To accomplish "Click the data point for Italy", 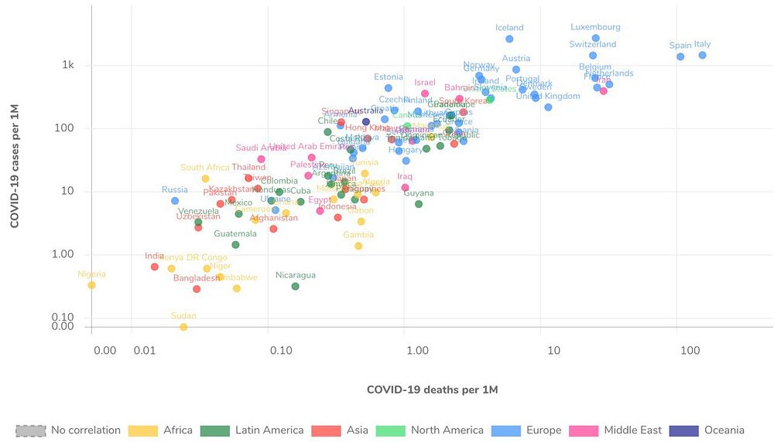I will pyautogui.click(x=702, y=56).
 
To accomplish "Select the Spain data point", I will pyautogui.click(x=680, y=56).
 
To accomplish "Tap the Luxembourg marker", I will pyautogui.click(x=595, y=38).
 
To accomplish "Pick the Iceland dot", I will pyautogui.click(x=509, y=39).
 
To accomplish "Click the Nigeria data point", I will pyautogui.click(x=91, y=285).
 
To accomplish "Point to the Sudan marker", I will pyautogui.click(x=183, y=327).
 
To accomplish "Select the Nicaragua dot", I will pyautogui.click(x=295, y=286).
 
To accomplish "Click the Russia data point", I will pyautogui.click(x=175, y=201).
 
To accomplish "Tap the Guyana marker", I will pyautogui.click(x=419, y=204).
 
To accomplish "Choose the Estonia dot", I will pyautogui.click(x=389, y=88).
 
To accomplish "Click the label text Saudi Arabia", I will pyautogui.click(x=261, y=148).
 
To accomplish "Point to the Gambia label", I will pyautogui.click(x=358, y=235).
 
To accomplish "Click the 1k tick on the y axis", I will pyautogui.click(x=68, y=65).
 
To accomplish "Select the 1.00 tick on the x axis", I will pyautogui.click(x=417, y=351).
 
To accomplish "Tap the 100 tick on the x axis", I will pyautogui.click(x=690, y=351).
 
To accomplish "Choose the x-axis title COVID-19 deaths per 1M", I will pyautogui.click(x=432, y=390).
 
